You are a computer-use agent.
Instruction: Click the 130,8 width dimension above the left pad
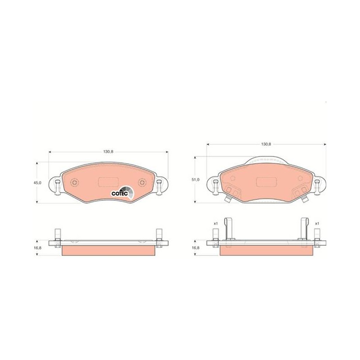point(108,152)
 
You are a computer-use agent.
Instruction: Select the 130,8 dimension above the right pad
point(266,144)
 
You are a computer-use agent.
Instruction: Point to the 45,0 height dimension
point(37,183)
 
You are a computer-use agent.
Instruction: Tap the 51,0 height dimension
point(196,180)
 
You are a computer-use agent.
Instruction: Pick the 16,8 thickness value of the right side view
point(196,248)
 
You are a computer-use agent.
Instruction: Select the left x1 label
point(216,223)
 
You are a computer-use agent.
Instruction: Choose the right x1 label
point(317,223)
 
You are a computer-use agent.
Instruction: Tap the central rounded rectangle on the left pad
point(108,182)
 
